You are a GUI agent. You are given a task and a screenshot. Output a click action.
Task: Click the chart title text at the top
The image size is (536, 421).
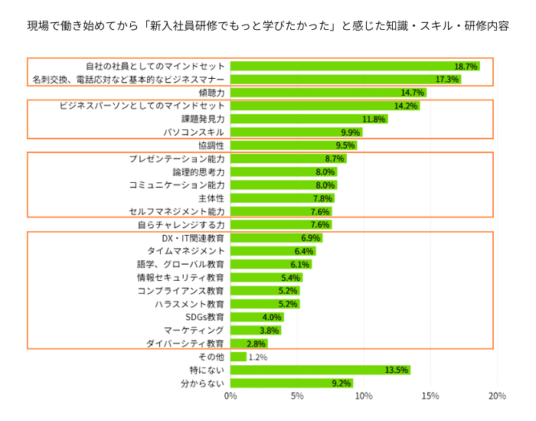coord(267,25)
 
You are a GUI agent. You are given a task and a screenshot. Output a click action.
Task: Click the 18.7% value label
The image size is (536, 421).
coord(466,67)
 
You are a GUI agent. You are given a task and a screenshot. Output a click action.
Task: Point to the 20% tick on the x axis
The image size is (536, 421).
coord(496,396)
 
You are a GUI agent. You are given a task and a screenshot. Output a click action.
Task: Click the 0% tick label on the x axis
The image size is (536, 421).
coord(230,396)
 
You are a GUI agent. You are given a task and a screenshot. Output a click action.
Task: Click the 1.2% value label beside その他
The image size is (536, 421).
coord(258,357)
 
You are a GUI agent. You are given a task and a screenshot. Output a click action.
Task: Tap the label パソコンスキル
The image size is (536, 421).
coord(194,132)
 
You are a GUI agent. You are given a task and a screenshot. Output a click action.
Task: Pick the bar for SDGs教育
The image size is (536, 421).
coord(257,317)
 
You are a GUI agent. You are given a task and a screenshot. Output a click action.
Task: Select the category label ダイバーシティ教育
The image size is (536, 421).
coord(185,344)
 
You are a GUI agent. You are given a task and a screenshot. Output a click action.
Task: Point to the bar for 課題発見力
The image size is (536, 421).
coord(309,119)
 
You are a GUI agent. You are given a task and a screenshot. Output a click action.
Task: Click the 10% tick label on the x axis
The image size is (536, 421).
coord(364,396)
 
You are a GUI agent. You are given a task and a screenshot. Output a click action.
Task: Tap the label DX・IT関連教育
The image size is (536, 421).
coord(188,238)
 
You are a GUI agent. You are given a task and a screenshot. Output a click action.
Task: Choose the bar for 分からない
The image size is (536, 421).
coord(291,383)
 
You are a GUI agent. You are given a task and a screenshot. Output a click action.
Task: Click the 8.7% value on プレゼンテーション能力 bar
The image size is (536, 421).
coord(335,158)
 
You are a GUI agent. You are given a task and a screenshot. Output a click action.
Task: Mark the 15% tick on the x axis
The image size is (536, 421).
coord(430,396)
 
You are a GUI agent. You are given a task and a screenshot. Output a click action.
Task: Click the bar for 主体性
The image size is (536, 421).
coord(282,198)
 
